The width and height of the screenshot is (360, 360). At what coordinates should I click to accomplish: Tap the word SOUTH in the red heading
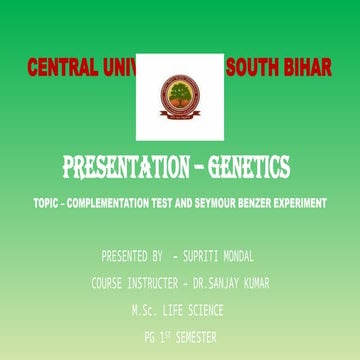[x=253, y=69]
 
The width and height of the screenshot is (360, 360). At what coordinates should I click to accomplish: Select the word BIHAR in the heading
[x=309, y=69]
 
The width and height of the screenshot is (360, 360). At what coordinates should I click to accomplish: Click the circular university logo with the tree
[x=180, y=96]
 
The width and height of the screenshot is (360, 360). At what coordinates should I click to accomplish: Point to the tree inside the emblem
[x=180, y=93]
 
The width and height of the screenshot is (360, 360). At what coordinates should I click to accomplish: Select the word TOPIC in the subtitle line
[x=46, y=203]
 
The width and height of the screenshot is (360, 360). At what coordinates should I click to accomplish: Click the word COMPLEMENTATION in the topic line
[x=111, y=203]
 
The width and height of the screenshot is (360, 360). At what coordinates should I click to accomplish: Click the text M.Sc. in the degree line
[x=146, y=310]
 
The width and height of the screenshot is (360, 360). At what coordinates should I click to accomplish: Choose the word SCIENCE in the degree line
[x=205, y=310]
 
